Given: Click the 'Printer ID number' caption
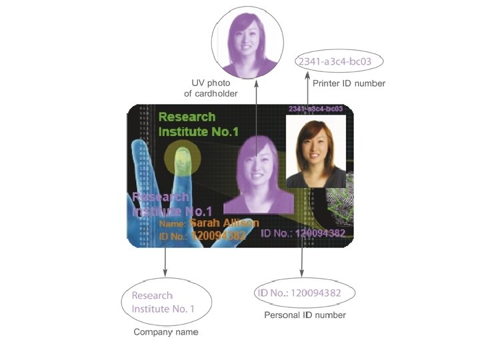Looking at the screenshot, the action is pyautogui.click(x=349, y=84).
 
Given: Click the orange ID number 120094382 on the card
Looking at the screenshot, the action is pyautogui.click(x=218, y=235).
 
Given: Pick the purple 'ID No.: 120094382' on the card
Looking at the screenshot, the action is pyautogui.click(x=303, y=233).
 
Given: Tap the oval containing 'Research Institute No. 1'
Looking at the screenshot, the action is pyautogui.click(x=166, y=302).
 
